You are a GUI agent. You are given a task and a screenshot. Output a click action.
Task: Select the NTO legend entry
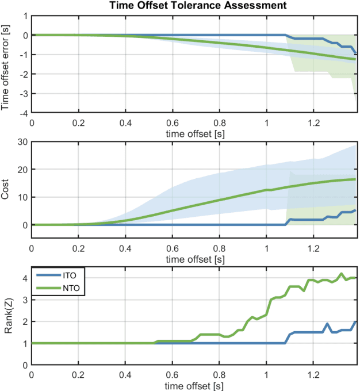[70, 287]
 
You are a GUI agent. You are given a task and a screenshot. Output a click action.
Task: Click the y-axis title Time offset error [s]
[7, 64]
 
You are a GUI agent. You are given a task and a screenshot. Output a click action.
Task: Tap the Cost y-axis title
[7, 197]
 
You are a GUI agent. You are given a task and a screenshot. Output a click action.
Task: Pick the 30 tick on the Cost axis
[22, 142]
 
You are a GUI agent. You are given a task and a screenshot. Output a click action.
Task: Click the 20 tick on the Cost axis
[22, 170]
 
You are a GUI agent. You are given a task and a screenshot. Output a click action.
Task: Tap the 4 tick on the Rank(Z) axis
[24, 278]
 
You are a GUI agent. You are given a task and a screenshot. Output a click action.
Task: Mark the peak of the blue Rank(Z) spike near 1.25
[327, 324]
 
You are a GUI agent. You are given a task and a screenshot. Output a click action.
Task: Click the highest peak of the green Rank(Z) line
[342, 274]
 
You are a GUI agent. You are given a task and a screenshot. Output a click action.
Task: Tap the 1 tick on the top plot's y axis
[24, 16]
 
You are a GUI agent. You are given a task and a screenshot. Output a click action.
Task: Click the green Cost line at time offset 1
[266, 190]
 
